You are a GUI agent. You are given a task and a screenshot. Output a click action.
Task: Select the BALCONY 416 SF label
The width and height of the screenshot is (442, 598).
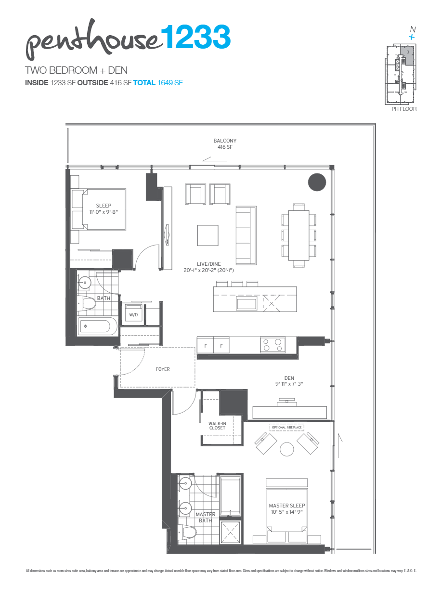click(x=225, y=144)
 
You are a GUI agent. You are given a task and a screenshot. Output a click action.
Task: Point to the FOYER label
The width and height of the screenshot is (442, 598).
click(x=163, y=369)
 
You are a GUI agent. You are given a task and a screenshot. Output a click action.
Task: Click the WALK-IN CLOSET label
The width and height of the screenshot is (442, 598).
click(x=217, y=426)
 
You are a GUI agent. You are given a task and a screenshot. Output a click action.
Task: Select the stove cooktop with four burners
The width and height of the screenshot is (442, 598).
click(x=273, y=345)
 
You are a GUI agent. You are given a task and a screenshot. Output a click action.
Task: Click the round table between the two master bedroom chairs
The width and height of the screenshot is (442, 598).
click(x=287, y=449)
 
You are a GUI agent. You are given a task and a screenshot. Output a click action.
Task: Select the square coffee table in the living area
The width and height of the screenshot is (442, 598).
click(x=208, y=235)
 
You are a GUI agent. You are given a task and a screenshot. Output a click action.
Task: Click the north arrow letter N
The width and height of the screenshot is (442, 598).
click(x=412, y=29)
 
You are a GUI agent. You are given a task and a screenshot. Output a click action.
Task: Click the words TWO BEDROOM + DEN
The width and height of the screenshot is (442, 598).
click(x=76, y=70)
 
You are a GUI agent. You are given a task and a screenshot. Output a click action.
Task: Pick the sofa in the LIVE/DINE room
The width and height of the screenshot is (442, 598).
click(x=245, y=235)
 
